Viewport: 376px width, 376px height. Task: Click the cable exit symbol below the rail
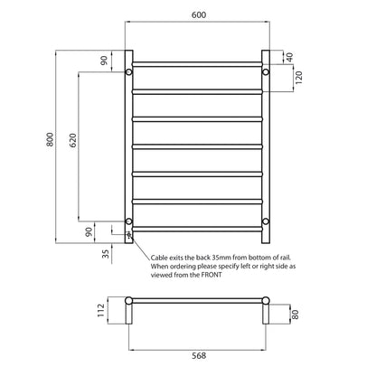click(129, 237)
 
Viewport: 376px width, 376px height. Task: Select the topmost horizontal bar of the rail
click(198, 63)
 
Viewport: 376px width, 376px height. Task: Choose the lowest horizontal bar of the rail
click(198, 227)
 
